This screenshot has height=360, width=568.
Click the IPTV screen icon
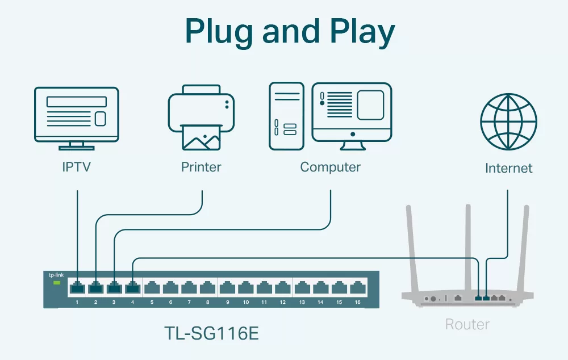[x=77, y=118]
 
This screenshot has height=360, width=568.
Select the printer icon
[x=201, y=118]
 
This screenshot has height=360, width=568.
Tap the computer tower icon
[x=286, y=116]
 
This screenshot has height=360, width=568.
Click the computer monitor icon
[x=352, y=116]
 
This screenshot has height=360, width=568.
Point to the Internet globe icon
[x=508, y=122]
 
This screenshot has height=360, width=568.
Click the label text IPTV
[x=77, y=167]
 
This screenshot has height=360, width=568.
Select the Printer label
[x=201, y=167]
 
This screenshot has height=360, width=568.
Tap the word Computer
[x=331, y=168]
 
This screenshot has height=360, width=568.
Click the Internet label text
[x=508, y=168]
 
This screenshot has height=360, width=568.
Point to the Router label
[x=467, y=324]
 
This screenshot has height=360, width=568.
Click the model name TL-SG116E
[x=211, y=333]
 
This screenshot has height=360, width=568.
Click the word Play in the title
[x=362, y=32]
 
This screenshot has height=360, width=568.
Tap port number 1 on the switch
[x=77, y=303]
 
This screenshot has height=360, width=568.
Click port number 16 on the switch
[x=357, y=303]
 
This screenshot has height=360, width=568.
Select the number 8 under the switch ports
[x=207, y=303]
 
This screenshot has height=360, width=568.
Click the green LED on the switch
[x=56, y=283]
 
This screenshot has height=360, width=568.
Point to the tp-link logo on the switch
[x=56, y=275]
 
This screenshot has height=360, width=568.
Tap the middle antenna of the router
[x=468, y=249]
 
